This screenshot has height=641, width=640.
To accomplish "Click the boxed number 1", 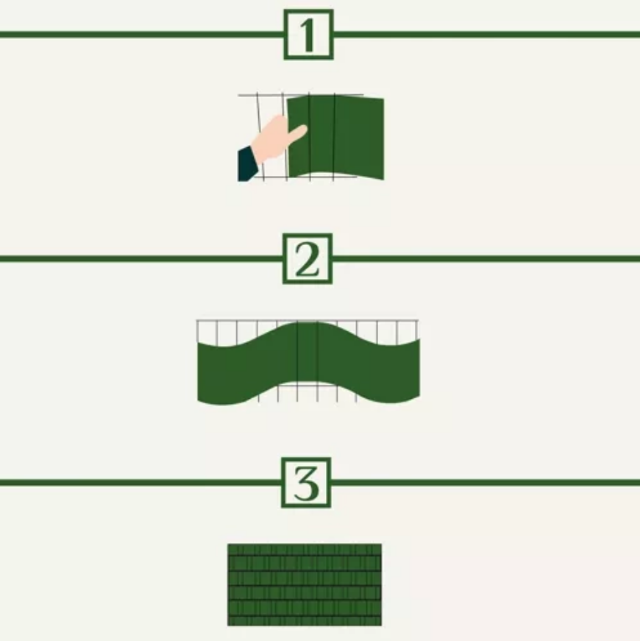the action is (x=308, y=35).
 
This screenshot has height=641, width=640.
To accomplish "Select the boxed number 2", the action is (x=307, y=259).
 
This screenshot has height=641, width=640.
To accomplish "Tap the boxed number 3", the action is (x=306, y=483).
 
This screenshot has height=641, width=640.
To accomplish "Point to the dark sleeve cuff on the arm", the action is (x=248, y=163).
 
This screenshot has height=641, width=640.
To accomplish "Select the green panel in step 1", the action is (x=335, y=137).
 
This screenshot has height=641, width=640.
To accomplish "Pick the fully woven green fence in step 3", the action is (x=305, y=584).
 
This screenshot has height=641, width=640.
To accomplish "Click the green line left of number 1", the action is (x=142, y=35).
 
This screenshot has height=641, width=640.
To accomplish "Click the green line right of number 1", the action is (x=487, y=35).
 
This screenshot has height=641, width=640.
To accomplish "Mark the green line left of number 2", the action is (x=141, y=258).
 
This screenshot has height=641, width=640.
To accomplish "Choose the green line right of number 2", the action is (x=486, y=258).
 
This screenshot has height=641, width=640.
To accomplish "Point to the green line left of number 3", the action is (x=141, y=483).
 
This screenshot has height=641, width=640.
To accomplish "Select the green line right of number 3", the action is (x=486, y=483).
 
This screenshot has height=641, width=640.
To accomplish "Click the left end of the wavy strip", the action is (x=198, y=372).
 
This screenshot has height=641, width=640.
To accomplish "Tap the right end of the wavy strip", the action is (x=419, y=368).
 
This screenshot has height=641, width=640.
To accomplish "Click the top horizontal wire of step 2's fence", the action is (x=307, y=321).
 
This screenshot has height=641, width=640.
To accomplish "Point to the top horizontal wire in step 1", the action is (x=300, y=95).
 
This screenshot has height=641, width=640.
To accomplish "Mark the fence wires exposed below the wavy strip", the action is (x=307, y=392).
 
